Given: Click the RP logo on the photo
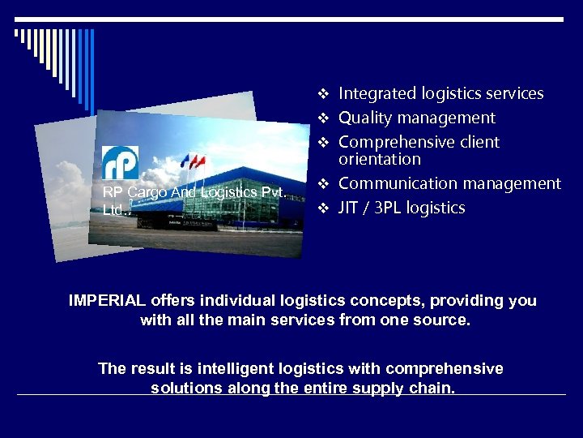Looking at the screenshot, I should (121, 162).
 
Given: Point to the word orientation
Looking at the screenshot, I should (380, 159).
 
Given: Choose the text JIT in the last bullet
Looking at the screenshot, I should (350, 208).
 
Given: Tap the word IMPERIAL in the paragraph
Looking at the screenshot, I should (108, 301).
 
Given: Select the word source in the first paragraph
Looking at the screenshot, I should (445, 320).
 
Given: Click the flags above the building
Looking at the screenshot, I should (193, 161).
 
